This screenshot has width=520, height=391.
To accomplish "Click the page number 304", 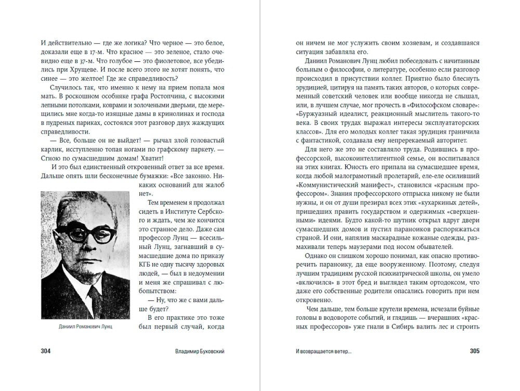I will click(46, 350).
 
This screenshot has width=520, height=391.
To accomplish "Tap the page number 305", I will click(474, 350).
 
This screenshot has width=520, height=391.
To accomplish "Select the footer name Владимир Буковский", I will click(198, 351).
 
